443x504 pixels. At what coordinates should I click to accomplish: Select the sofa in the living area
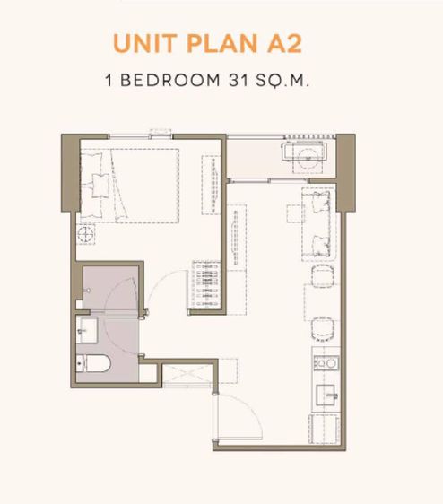pyautogui.click(x=318, y=220)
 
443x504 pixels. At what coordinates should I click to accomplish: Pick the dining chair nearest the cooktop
pyautogui.click(x=321, y=310)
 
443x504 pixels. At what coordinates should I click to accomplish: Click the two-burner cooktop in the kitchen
pyautogui.click(x=324, y=364)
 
